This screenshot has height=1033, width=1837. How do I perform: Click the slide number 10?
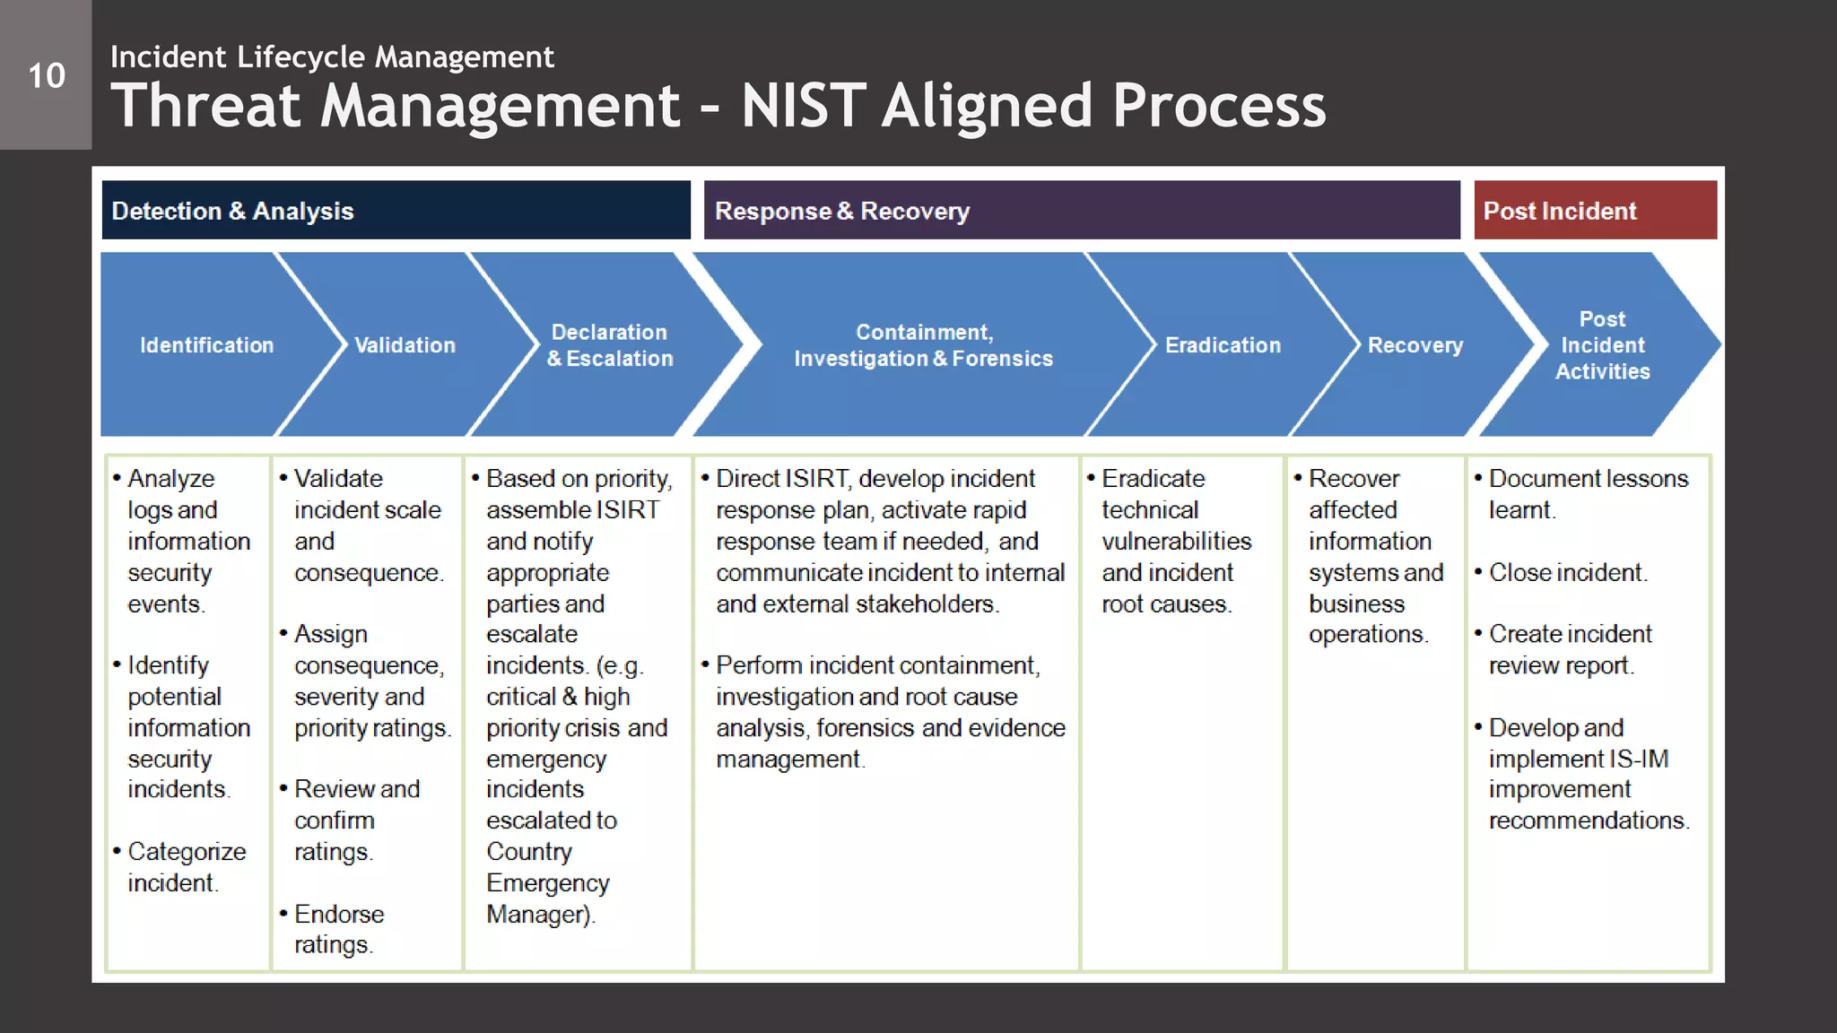point(47,76)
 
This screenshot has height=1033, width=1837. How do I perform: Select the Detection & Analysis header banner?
point(396,211)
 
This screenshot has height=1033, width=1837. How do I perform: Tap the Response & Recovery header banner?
point(1081,211)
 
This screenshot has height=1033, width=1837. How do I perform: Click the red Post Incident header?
point(1595,211)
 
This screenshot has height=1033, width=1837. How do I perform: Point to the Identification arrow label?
point(206,345)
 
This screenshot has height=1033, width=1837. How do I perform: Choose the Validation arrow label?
point(405,345)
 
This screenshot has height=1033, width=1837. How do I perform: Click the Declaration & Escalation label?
point(610,345)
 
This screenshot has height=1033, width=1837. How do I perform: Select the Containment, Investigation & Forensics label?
point(923,345)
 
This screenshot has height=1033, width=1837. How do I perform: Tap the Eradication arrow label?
point(1223,345)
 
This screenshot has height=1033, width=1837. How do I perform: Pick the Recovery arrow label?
point(1415,345)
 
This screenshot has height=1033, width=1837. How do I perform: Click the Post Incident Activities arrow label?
point(1602,345)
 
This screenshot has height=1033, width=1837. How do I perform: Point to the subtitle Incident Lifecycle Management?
point(332,56)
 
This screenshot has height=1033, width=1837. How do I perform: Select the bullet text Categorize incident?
point(186,867)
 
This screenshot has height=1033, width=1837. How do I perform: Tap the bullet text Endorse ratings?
point(338,929)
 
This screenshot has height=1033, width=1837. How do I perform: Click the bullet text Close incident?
point(1567,572)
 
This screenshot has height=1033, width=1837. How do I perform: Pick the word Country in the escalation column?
point(528,851)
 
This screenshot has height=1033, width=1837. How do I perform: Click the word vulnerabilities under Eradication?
point(1176,541)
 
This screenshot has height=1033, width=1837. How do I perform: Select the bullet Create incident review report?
point(1569,649)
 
